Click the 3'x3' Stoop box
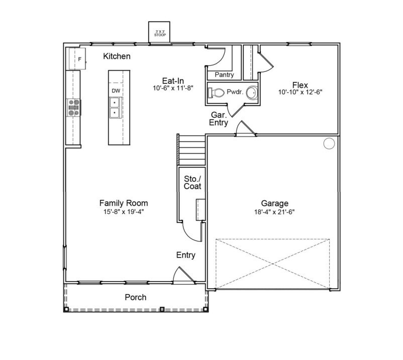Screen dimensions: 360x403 pos(160,33)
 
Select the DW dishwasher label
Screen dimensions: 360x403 pos(116,90)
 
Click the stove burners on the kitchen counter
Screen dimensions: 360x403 pos(74,107)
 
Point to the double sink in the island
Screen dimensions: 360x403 pos(115,107)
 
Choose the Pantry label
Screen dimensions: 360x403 pos(224,75)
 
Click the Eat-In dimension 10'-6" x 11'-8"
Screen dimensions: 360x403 pos(173,87)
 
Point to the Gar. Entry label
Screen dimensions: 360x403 pos(219,118)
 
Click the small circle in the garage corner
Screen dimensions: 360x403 pos(329,144)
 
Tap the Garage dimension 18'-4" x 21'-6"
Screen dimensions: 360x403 pos(274,212)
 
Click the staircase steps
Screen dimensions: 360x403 pos(191,150)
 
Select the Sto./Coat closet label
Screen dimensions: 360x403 pos(192,182)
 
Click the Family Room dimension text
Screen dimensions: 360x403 pos(123,212)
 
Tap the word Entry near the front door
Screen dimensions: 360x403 pos(185,256)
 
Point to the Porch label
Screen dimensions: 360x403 pos(135,297)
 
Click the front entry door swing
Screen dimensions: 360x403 pos(181,275)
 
